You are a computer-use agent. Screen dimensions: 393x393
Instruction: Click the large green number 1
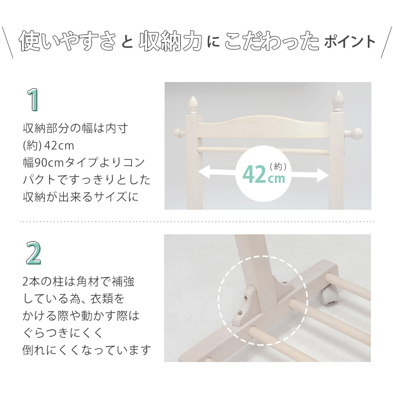pos(33,100)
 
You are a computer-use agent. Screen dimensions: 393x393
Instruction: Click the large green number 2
pos(33,253)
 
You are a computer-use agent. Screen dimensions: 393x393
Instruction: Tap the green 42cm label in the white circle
pos(264,174)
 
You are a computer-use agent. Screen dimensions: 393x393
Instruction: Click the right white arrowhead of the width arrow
pos(323,175)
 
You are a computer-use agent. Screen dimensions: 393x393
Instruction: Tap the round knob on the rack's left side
pos(178,133)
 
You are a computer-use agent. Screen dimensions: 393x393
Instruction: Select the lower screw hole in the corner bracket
pos(240,312)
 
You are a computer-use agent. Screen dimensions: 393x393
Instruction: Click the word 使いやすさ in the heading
pos(67,41)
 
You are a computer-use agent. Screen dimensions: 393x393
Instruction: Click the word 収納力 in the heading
pos(170,41)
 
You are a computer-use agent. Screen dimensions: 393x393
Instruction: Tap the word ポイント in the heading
pos(350,42)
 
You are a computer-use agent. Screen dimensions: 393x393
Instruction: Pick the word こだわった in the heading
pos(272,41)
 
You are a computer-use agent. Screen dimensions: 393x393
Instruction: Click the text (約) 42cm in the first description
pos(48,145)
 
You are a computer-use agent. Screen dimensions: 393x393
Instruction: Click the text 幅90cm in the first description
pos(43,163)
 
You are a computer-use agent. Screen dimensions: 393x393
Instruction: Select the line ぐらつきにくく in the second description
pos(63,333)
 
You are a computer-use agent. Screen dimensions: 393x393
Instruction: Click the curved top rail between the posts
pos(263,127)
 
